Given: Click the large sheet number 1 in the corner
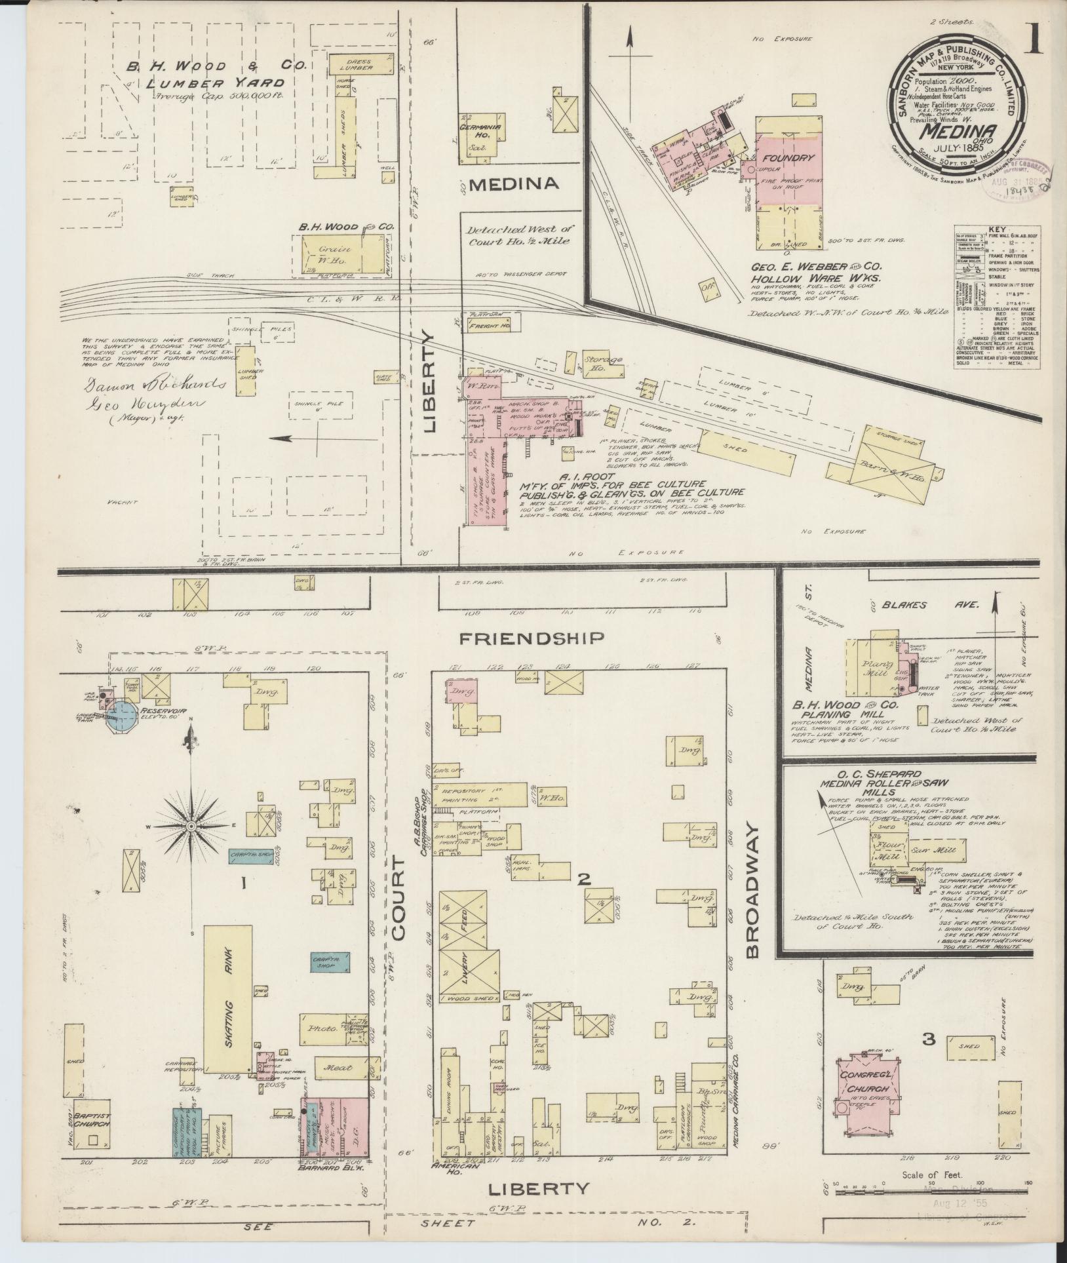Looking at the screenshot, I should pos(1035,41).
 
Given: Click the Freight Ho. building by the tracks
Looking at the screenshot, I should pos(490,323).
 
